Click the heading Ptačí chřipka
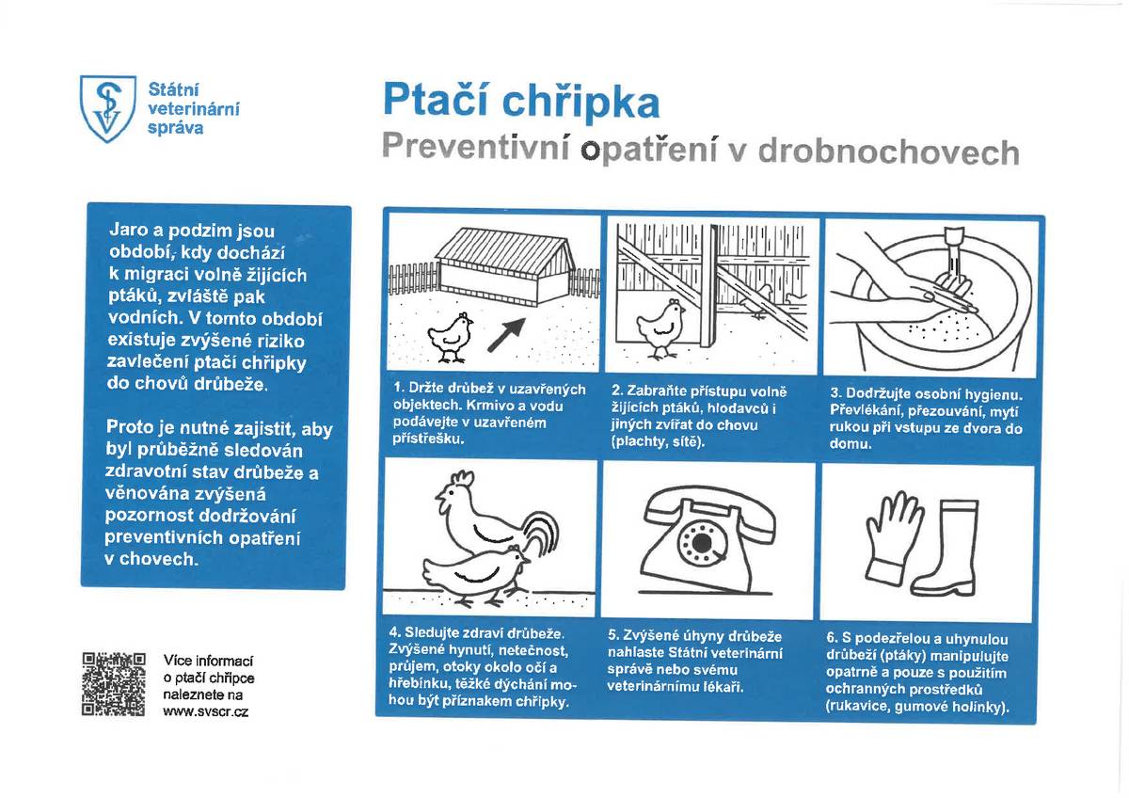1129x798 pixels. (520, 102)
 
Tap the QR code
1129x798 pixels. (114, 683)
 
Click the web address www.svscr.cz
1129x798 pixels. (205, 712)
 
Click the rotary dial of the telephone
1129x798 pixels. (702, 543)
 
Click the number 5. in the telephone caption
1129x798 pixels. (616, 637)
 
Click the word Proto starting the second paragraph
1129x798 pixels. (132, 428)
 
